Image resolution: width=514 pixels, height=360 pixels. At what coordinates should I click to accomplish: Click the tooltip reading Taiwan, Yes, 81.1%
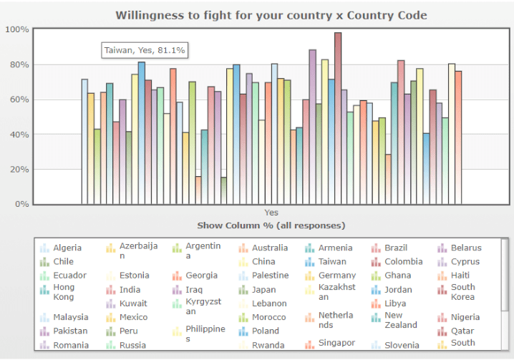coord(145,50)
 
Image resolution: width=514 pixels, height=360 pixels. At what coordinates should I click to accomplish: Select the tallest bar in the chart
coord(338,118)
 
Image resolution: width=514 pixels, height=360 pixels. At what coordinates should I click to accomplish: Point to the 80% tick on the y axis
coord(19,64)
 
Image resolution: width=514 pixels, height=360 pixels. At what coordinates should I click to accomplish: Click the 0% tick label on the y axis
coord(22,204)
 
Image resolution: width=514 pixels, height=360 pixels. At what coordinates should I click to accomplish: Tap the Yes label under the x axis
coord(271,213)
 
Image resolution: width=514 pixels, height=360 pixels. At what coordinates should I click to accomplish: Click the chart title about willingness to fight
coord(271,15)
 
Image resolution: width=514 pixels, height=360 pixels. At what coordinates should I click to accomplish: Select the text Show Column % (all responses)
coord(271,225)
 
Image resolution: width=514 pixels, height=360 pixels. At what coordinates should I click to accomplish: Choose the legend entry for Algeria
coord(61,248)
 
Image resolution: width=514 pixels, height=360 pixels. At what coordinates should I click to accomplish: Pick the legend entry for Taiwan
coord(326,262)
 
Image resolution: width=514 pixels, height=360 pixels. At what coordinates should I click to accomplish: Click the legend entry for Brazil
coord(389,248)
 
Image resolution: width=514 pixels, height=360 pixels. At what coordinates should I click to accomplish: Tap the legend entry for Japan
coord(257,290)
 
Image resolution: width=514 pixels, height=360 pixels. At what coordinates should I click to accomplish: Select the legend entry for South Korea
coord(456,292)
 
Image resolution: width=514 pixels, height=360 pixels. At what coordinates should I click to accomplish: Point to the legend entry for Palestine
coord(264,276)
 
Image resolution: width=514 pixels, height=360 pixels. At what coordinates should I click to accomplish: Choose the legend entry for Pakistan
coord(64,331)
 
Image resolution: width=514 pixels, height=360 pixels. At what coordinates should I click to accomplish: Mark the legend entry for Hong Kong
coord(57,292)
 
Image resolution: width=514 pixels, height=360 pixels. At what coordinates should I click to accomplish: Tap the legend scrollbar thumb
coord(505,275)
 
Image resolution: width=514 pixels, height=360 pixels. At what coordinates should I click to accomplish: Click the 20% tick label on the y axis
coord(19,169)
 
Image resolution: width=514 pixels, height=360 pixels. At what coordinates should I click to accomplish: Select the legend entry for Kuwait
coord(127,303)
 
